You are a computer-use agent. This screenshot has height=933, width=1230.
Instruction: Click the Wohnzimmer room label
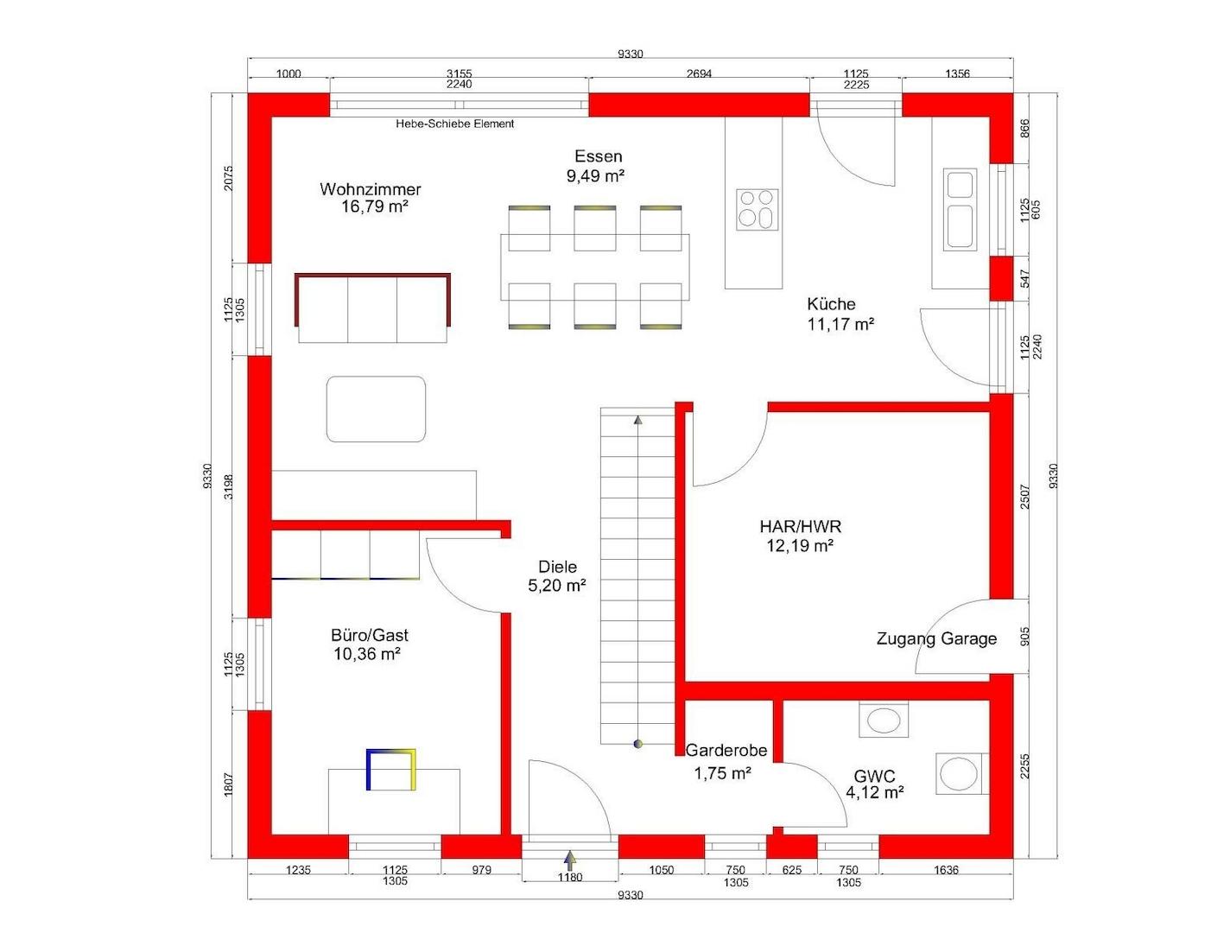(370, 189)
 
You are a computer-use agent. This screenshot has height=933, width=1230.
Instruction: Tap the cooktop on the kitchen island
(757, 210)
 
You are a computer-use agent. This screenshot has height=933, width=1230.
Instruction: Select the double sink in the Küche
(960, 209)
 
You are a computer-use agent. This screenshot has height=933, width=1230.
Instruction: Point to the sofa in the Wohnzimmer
(372, 308)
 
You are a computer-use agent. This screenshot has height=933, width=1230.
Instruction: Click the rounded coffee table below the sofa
(376, 409)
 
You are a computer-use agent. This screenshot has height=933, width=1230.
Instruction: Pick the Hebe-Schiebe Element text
(454, 124)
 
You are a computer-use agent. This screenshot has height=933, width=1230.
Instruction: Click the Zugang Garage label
(936, 639)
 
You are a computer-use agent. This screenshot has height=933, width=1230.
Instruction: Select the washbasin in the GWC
(884, 720)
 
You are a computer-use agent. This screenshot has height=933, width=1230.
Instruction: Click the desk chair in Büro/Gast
(390, 770)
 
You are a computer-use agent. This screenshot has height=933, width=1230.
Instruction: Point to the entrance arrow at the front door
(570, 860)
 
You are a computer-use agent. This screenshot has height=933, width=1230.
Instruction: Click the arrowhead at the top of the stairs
(637, 419)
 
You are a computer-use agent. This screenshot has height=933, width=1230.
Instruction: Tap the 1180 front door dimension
(570, 878)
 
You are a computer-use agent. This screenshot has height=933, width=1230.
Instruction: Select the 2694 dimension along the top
(699, 73)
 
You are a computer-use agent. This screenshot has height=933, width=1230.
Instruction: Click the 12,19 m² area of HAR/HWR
(800, 545)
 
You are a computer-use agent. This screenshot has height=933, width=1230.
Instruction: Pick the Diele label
(557, 567)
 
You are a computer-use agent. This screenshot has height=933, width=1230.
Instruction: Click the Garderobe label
(726, 751)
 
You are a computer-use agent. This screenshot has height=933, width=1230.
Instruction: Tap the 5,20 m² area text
(557, 586)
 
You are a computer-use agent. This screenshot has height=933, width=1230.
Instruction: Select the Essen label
(598, 155)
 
